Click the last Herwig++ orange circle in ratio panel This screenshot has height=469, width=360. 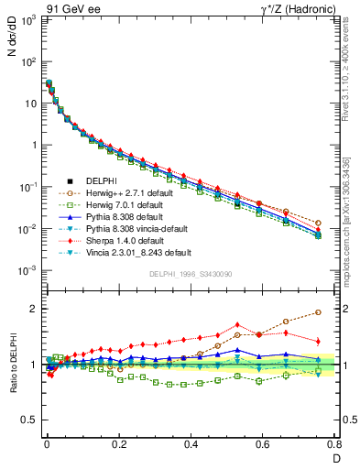[x=318, y=312]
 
